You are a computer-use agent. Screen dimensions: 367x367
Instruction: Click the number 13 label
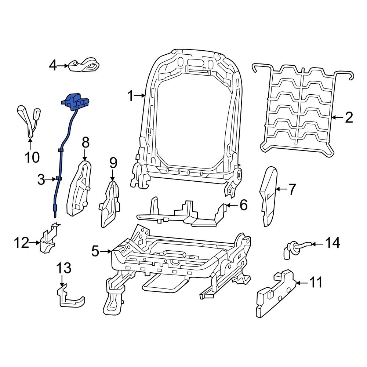(x=63, y=269)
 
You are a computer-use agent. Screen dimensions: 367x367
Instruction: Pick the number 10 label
(x=32, y=157)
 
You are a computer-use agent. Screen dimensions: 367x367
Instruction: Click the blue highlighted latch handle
(x=76, y=101)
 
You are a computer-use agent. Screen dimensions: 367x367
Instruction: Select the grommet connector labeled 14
(x=294, y=247)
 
